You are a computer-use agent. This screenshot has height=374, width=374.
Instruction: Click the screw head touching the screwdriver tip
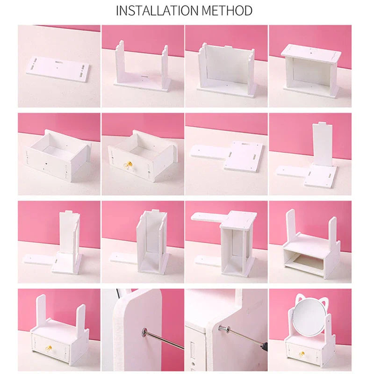tap(143, 332)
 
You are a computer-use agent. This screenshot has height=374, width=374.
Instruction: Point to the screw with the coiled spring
tap(225, 327)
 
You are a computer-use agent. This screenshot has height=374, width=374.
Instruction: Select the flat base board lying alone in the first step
tap(58, 69)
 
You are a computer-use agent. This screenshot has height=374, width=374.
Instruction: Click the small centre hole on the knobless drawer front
tap(47, 165)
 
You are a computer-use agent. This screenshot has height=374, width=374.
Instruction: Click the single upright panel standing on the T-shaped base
tap(323, 145)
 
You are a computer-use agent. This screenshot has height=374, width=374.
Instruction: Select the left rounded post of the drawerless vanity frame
tap(290, 229)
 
